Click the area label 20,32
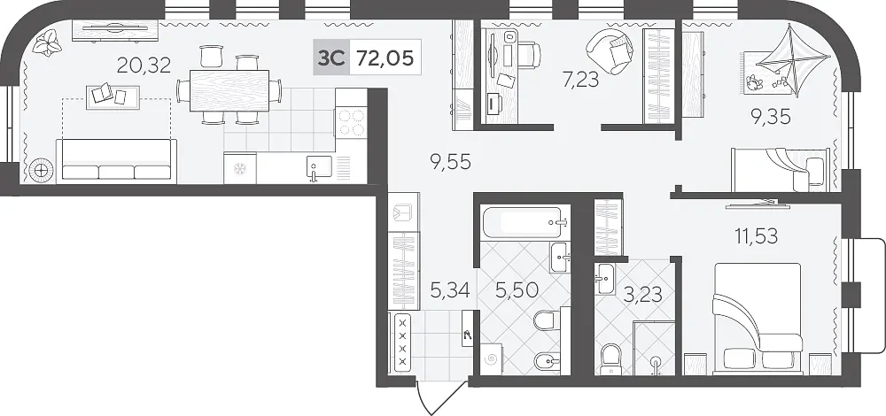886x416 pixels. tap(144, 66)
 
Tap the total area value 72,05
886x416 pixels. tap(386, 58)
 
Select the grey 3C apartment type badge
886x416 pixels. tap(331, 58)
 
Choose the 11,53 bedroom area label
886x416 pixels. tap(756, 235)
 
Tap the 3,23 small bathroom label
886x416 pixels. tap(643, 294)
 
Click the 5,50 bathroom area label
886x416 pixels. tap(517, 290)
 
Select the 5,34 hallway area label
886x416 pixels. tap(450, 290)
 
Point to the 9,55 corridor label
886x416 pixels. tap(450, 162)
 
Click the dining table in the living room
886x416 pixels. tap(229, 90)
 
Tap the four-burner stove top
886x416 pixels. tap(351, 123)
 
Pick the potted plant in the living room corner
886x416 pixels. tap(46, 42)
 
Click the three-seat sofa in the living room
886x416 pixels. tap(116, 161)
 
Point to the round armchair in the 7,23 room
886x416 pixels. tap(610, 52)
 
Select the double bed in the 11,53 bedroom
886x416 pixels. tap(758, 319)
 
